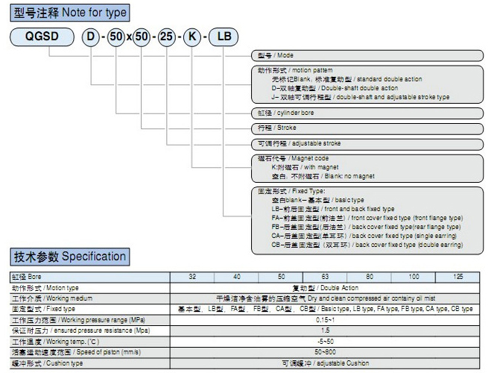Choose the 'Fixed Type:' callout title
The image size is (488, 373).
pos(288,192)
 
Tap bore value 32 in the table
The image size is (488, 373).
pos(193,277)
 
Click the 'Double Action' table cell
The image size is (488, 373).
pos(325,287)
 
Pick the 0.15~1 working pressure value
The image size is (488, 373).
pos(325,319)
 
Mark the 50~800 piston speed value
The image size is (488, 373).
pos(325,351)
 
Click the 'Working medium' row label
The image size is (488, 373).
pos(45,298)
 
